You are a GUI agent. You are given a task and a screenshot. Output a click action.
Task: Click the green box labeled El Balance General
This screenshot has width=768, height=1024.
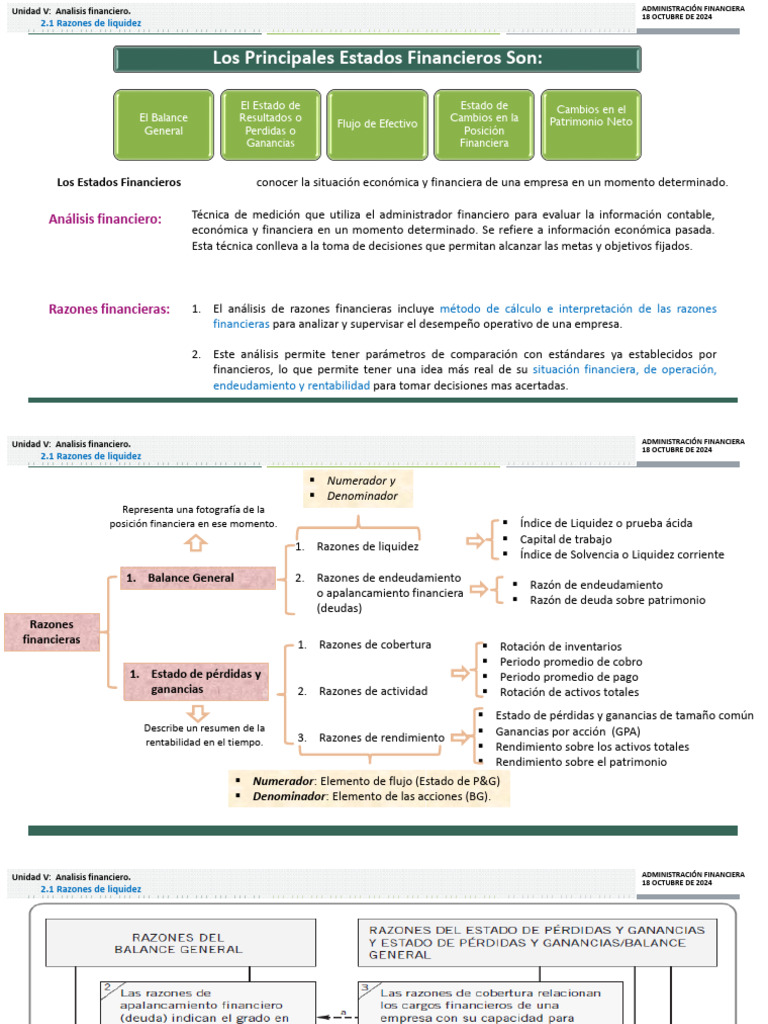pyautogui.click(x=164, y=125)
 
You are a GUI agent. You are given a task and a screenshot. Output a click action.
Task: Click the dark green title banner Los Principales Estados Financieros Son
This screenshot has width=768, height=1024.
pyautogui.click(x=376, y=58)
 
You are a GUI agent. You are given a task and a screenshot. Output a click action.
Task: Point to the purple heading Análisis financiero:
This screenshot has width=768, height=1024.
pyautogui.click(x=105, y=219)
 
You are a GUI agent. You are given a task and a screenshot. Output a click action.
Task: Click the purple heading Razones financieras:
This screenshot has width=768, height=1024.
pyautogui.click(x=109, y=309)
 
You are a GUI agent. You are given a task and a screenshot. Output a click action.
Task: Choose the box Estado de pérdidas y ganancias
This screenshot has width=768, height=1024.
pyautogui.click(x=198, y=681)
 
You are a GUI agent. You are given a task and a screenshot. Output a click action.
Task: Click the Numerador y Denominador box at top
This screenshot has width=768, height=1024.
pyautogui.click(x=360, y=488)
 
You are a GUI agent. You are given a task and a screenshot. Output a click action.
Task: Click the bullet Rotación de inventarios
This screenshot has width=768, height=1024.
pyautogui.click(x=560, y=647)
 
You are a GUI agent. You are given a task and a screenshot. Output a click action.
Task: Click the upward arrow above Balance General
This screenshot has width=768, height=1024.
pyautogui.click(x=196, y=543)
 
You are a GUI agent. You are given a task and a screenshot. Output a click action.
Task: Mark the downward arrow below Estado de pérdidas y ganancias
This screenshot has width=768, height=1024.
pyautogui.click(x=197, y=712)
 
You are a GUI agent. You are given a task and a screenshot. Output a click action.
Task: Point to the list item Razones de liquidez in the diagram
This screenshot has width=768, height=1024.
pyautogui.click(x=367, y=547)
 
